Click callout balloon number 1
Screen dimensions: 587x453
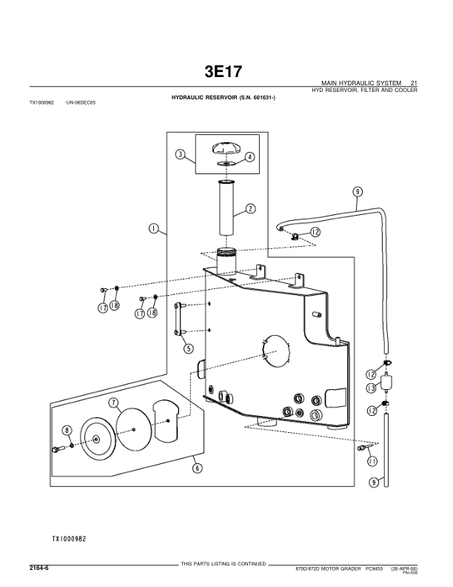[153, 228]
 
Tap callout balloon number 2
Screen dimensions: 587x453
[249, 208]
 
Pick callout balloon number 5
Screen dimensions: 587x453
[189, 348]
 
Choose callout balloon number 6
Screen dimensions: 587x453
[197, 468]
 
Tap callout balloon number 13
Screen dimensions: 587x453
[371, 388]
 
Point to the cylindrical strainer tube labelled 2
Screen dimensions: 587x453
[226, 210]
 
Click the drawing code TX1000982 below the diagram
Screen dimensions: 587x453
[70, 539]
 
